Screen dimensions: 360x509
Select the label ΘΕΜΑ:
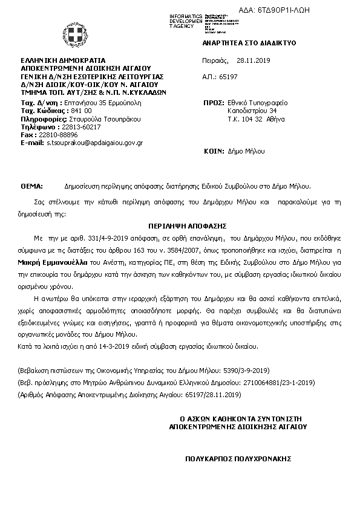click(31, 186)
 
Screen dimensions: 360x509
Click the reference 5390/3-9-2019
click(248, 370)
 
